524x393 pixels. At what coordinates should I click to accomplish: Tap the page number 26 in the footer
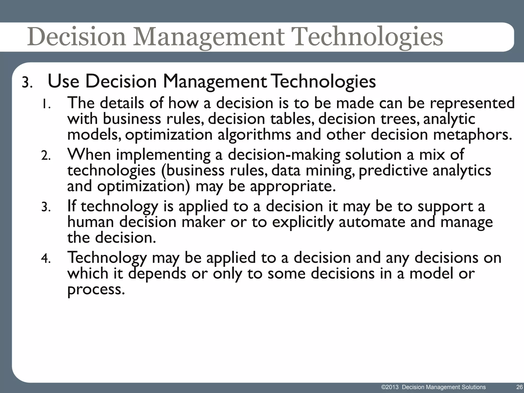pyautogui.click(x=519, y=387)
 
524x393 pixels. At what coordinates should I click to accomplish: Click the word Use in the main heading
pyautogui.click(x=63, y=81)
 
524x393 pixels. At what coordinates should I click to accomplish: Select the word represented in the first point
pyautogui.click(x=472, y=103)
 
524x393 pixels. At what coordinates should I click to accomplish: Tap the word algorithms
pyautogui.click(x=254, y=135)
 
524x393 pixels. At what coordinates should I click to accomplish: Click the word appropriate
pyautogui.click(x=293, y=187)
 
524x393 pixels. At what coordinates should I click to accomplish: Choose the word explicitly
pyautogui.click(x=303, y=222)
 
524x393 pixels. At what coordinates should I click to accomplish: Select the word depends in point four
pyautogui.click(x=157, y=274)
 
